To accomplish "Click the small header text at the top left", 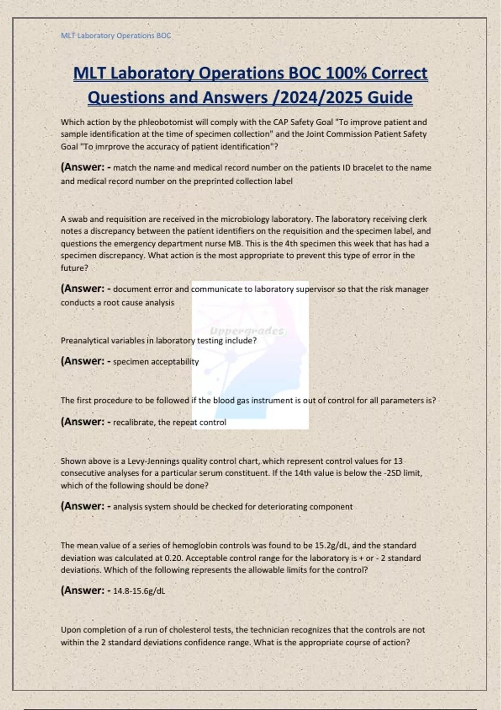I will click(x=116, y=35).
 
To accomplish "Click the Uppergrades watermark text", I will click(x=247, y=331).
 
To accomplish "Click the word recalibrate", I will click(x=133, y=422).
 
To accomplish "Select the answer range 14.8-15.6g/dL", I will click(x=139, y=591).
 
